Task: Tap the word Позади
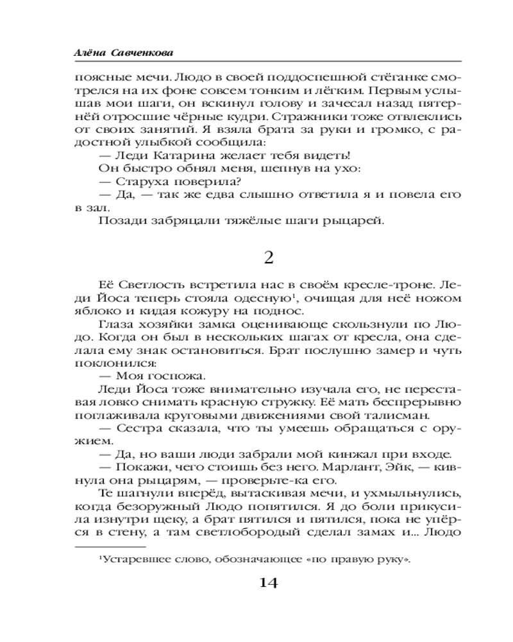[121, 222]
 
